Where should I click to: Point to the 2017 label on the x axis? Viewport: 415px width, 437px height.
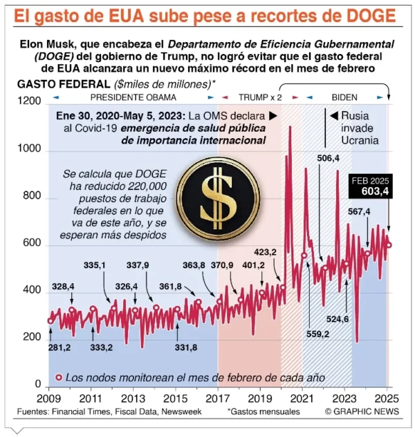pyautogui.click(x=218, y=400)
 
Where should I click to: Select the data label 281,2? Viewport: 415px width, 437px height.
pyautogui.click(x=59, y=347)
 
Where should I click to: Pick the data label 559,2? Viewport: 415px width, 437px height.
pyautogui.click(x=317, y=333)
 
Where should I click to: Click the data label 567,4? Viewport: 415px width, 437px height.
pyautogui.click(x=359, y=212)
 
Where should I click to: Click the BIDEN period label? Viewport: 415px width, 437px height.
pyautogui.click(x=344, y=97)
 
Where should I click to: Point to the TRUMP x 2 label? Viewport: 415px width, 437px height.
pyautogui.click(x=259, y=97)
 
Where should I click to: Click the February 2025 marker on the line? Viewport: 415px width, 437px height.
pyautogui.click(x=388, y=244)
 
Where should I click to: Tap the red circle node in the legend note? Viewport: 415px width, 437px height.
pyautogui.click(x=59, y=378)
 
